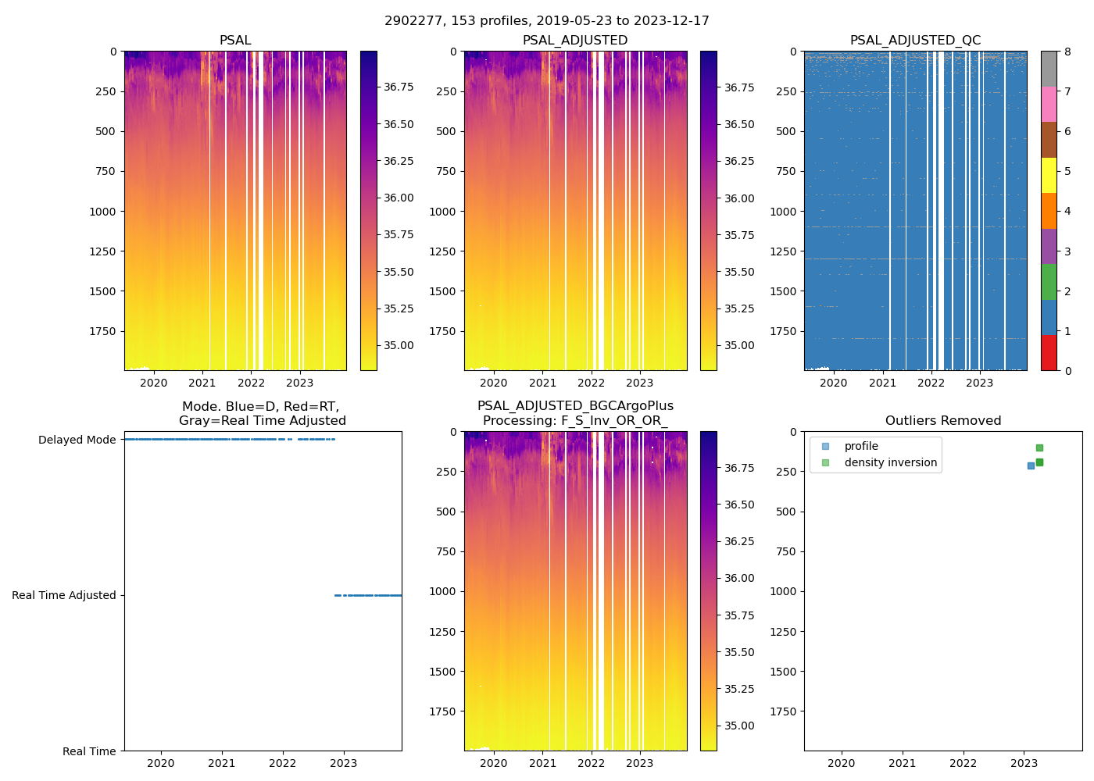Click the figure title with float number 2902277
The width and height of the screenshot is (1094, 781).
[547, 21]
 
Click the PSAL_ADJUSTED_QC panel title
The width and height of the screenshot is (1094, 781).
[915, 41]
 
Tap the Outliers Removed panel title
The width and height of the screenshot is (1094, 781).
[942, 421]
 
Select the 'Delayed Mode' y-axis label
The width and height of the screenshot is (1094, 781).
[77, 440]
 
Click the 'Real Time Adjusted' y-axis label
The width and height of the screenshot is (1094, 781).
[63, 595]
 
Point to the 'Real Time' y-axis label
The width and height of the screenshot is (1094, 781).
[89, 751]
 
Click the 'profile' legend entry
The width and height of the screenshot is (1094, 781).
[861, 446]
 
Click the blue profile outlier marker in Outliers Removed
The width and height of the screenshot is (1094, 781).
[1031, 465]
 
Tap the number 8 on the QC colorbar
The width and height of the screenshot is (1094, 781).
[1067, 52]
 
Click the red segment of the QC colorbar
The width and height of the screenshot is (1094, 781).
[1049, 353]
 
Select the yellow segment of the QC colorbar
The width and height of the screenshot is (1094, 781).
[1049, 175]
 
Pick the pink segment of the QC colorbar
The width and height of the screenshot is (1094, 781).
[1049, 104]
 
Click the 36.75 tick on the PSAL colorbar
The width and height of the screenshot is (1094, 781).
[399, 87]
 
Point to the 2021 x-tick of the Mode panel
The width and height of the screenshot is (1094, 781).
[222, 763]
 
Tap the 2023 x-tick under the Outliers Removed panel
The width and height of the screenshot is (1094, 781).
[1024, 763]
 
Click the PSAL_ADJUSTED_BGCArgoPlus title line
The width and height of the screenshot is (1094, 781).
[575, 406]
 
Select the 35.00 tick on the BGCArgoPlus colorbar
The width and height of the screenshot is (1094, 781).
[738, 726]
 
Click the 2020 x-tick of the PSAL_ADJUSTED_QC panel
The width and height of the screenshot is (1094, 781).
[834, 383]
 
